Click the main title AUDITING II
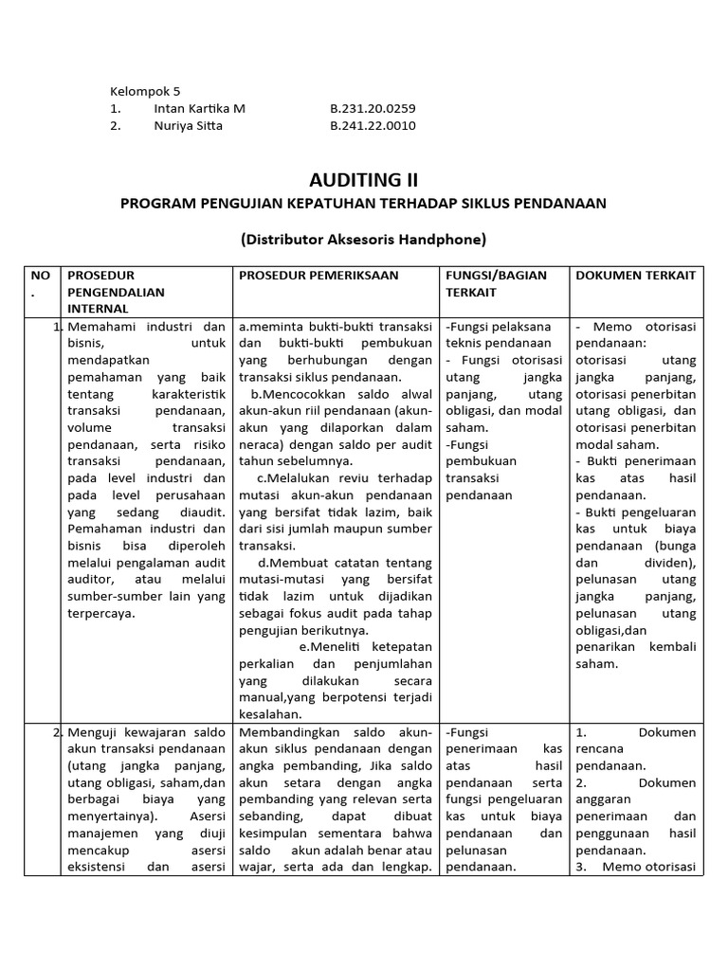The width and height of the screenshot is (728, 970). pos(363,180)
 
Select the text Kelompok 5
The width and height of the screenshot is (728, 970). pos(144,91)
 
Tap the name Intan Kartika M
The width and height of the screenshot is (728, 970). pos(198,108)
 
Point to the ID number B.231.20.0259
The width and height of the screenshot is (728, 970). pos(373,108)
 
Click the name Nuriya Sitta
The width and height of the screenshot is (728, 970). pos(188,125)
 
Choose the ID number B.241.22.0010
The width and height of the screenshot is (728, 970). pos(373,125)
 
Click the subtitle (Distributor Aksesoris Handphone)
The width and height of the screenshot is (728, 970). pos(363,240)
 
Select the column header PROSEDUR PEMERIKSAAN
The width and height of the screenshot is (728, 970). pos(318,275)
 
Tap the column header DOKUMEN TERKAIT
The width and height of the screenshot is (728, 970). pos(635,275)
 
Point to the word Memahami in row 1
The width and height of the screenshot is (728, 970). pos(101,327)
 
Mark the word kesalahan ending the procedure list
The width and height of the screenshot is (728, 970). pos(269,715)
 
